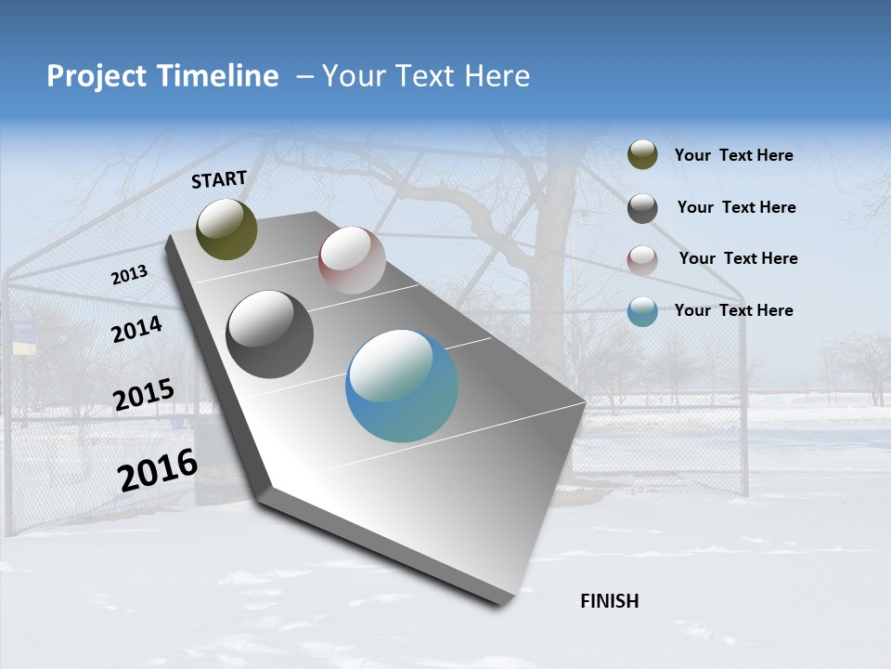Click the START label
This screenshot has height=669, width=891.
(219, 179)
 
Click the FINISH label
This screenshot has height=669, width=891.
(609, 601)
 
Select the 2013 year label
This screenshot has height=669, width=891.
(129, 275)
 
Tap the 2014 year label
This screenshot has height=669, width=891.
(136, 329)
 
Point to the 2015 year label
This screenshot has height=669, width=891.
(143, 395)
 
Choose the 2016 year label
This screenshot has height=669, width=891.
(158, 470)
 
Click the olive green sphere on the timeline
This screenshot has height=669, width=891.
(226, 229)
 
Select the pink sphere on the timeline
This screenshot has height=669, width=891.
(352, 260)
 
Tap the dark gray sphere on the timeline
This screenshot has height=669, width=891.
(270, 334)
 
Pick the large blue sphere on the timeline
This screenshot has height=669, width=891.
(402, 386)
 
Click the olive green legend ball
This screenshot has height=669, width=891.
(642, 155)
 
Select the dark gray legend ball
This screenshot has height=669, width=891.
(642, 208)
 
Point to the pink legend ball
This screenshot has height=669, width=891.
(642, 260)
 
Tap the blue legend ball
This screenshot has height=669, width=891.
(642, 312)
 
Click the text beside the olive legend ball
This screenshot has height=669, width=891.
(733, 156)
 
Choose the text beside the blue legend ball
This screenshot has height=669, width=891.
(733, 310)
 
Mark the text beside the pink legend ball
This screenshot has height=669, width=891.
(738, 258)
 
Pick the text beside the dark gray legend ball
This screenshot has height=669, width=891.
(736, 207)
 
